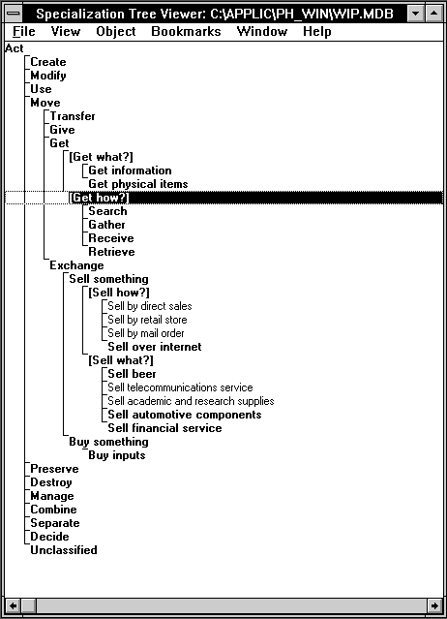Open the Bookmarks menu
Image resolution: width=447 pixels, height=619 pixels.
pyautogui.click(x=186, y=32)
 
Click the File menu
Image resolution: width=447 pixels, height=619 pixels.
pyautogui.click(x=24, y=32)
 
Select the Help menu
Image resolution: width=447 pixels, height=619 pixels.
pyautogui.click(x=317, y=32)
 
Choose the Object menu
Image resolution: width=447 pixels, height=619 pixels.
pyautogui.click(x=116, y=32)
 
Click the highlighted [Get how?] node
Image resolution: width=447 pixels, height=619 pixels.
pyautogui.click(x=99, y=198)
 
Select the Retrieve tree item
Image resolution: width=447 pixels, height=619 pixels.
pyautogui.click(x=111, y=252)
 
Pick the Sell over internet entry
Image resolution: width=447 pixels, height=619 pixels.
pyautogui.click(x=155, y=347)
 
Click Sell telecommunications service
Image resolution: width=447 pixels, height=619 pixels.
pyautogui.click(x=180, y=387)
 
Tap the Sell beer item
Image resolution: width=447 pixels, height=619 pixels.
pyautogui.click(x=132, y=374)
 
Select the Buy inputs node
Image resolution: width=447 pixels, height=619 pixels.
pyautogui.click(x=117, y=455)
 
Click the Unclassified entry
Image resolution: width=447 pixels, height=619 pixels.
pyautogui.click(x=64, y=550)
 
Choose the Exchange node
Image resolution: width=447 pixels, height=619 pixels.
pyautogui.click(x=76, y=265)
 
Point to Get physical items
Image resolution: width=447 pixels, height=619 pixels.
pyautogui.click(x=138, y=184)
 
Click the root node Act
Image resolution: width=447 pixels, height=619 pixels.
pyautogui.click(x=15, y=48)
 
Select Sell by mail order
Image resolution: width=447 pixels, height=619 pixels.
pyautogui.click(x=146, y=333)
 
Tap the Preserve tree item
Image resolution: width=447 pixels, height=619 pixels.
pyautogui.click(x=54, y=469)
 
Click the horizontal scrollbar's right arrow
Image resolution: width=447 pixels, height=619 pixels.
pyautogui.click(x=434, y=605)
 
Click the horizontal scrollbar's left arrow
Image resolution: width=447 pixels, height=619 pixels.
pyautogui.click(x=13, y=605)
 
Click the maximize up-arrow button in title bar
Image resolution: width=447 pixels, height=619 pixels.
pyautogui.click(x=434, y=14)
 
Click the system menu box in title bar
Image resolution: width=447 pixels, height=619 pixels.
pyautogui.click(x=14, y=14)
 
